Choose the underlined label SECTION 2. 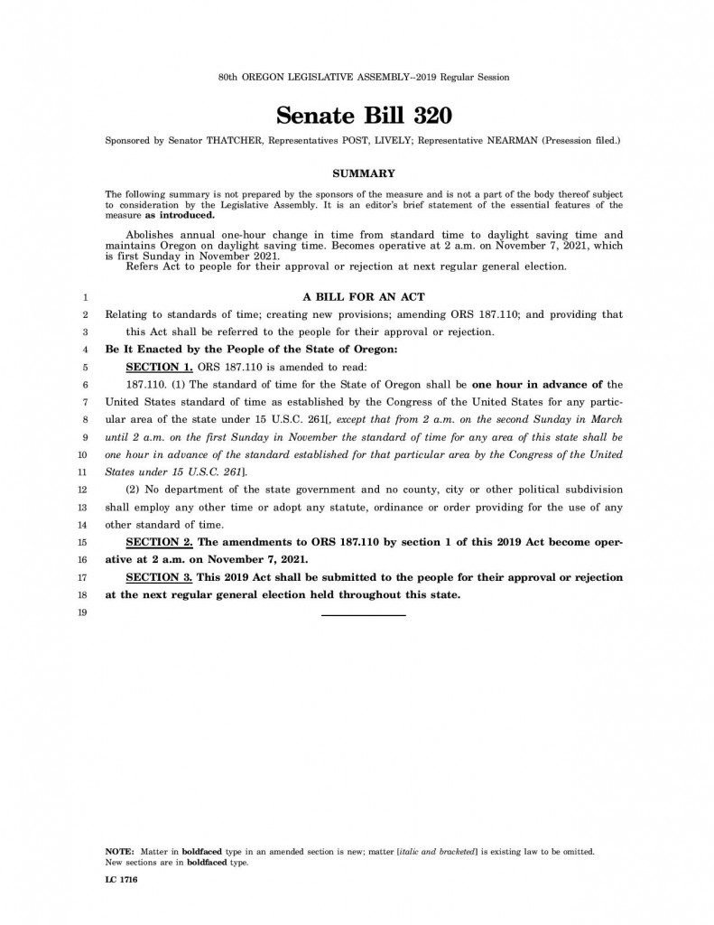158,542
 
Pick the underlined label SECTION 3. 158,576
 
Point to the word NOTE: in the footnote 119,852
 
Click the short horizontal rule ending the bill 364,614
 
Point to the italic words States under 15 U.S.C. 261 175,472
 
